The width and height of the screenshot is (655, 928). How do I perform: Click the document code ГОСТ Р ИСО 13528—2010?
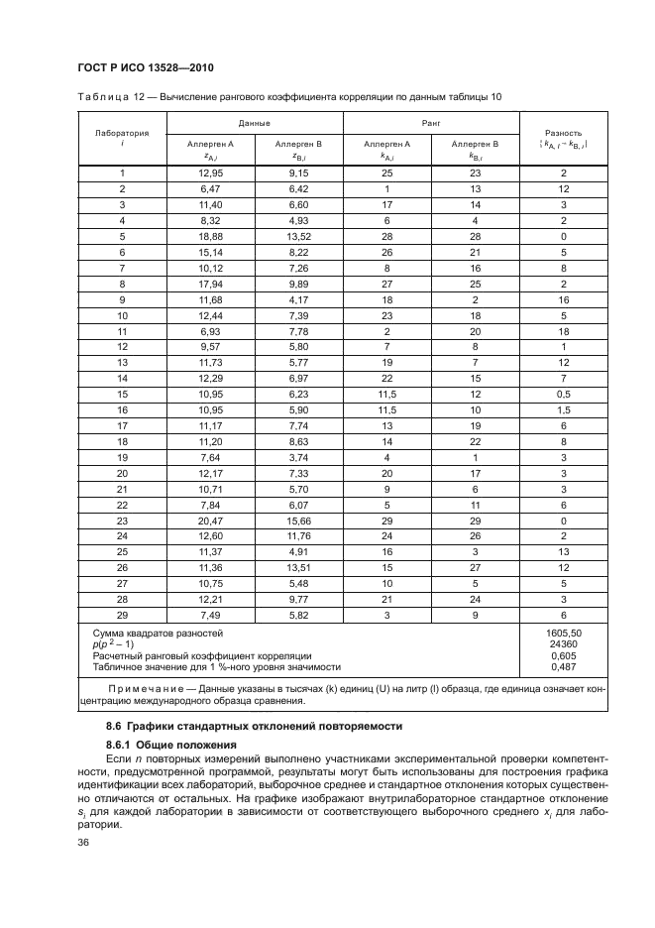point(148,67)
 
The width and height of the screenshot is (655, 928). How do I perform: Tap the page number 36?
point(85,844)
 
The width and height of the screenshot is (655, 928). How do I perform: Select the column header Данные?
point(255,123)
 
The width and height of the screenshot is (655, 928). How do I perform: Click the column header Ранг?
point(431,123)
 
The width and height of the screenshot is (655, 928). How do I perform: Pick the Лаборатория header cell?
point(122,132)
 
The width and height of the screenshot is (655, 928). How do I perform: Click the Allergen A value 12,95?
point(210,173)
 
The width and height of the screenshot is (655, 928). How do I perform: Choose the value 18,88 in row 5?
point(210,236)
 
